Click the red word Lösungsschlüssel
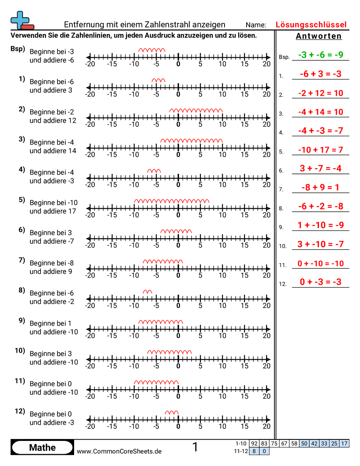[311, 25]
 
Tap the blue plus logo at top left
[21, 20]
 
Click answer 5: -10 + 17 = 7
[320, 150]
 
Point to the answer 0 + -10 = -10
[320, 263]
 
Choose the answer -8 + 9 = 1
[320, 188]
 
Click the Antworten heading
[319, 36]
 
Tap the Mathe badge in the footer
[42, 447]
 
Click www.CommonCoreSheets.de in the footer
[119, 451]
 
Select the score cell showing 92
[254, 443]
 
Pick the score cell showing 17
[345, 443]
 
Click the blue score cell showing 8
[254, 451]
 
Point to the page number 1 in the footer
[195, 447]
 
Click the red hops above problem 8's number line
[147, 291]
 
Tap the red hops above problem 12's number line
[172, 412]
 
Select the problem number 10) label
[19, 351]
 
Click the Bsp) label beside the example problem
[18, 49]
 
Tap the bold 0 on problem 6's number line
[178, 245]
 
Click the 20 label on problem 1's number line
[266, 94]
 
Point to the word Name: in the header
[256, 25]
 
